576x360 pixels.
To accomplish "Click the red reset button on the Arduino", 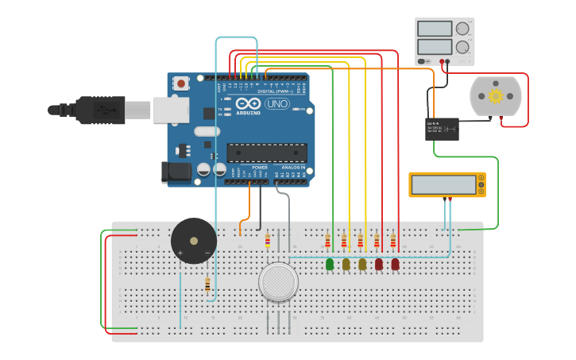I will click(x=181, y=83).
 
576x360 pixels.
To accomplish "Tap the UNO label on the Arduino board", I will click(x=276, y=104).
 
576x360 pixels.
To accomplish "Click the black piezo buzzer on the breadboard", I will click(x=194, y=241).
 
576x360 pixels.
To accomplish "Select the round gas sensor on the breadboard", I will click(x=278, y=282).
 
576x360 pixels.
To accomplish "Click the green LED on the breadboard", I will click(x=330, y=264).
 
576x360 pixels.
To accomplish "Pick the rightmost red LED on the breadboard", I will click(x=395, y=264).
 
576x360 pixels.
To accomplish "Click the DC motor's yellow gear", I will click(x=496, y=96).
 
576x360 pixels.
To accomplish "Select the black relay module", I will click(x=442, y=129).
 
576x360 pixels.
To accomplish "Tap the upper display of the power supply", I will click(x=434, y=29).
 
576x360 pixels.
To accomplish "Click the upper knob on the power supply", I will click(x=462, y=29).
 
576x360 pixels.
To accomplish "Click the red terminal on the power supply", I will click(x=446, y=61).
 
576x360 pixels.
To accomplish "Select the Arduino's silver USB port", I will click(x=171, y=110).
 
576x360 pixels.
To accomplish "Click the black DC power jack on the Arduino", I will click(x=176, y=172).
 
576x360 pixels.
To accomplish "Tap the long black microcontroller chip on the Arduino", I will click(x=267, y=152).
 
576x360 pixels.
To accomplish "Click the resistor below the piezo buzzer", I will click(x=207, y=285).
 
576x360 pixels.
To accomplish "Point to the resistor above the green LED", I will click(x=327, y=240).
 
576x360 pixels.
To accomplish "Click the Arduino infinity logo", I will click(x=248, y=104).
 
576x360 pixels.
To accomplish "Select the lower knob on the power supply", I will click(x=462, y=47).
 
